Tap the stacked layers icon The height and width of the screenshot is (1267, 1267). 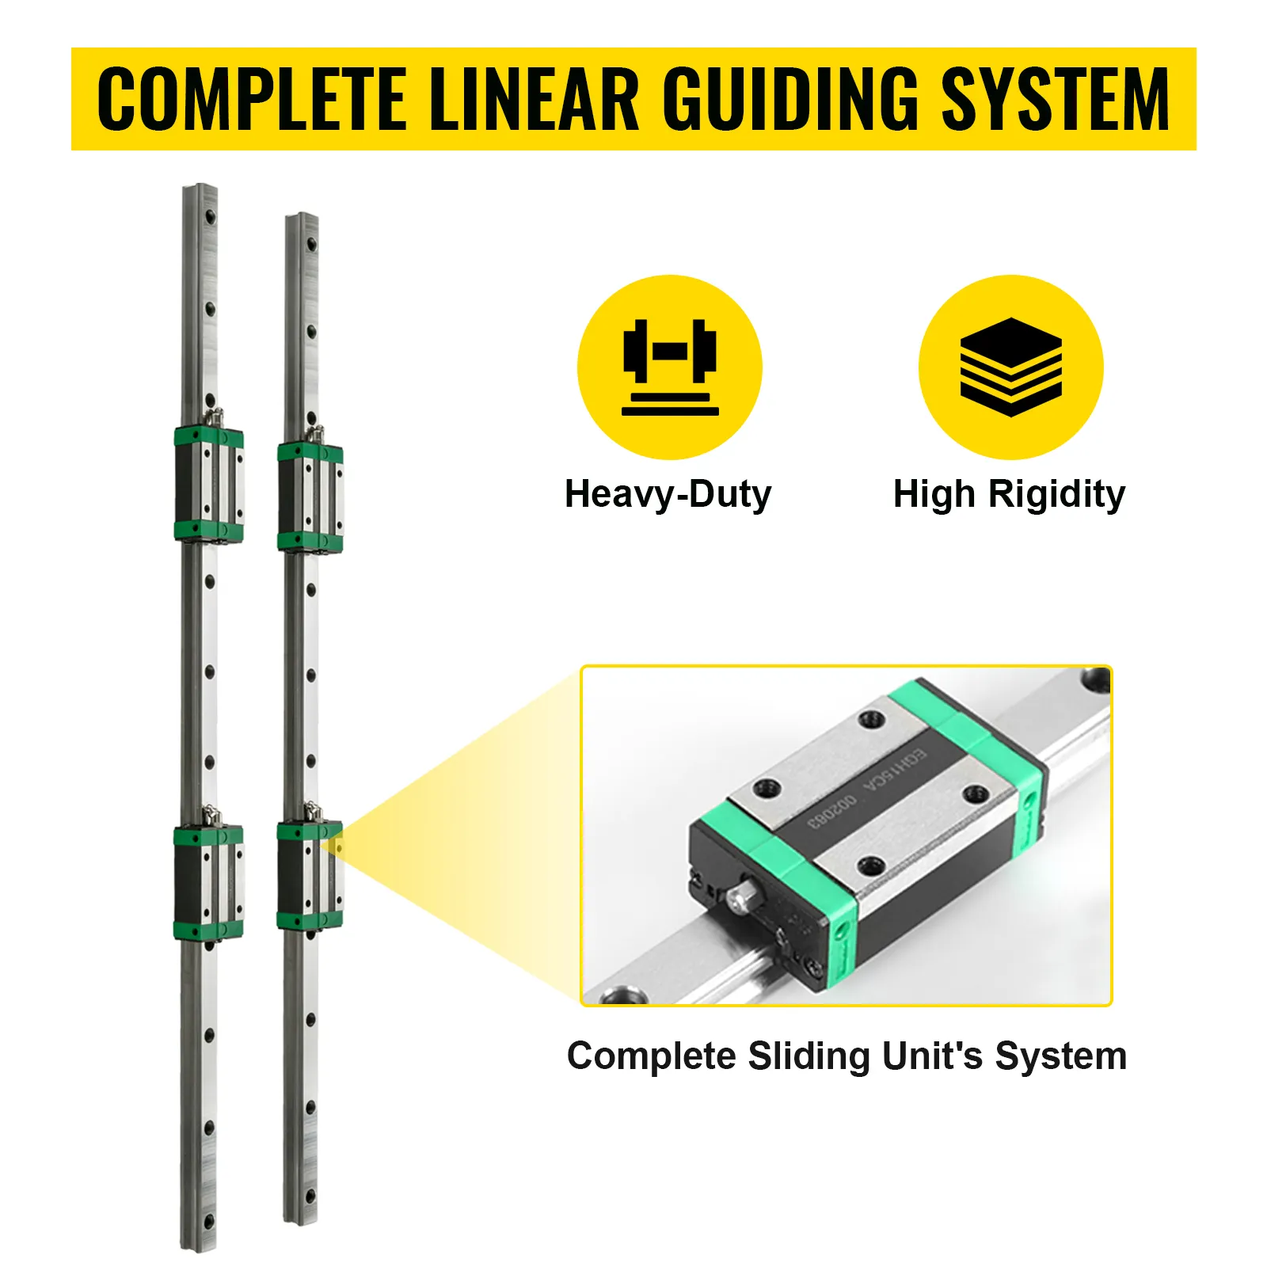click(1010, 366)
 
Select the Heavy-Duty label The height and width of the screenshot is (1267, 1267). click(668, 494)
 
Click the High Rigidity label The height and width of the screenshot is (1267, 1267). click(1009, 494)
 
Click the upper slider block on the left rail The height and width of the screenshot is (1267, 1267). click(208, 484)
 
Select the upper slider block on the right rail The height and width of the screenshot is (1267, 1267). click(310, 497)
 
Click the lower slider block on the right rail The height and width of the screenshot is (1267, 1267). click(310, 874)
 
